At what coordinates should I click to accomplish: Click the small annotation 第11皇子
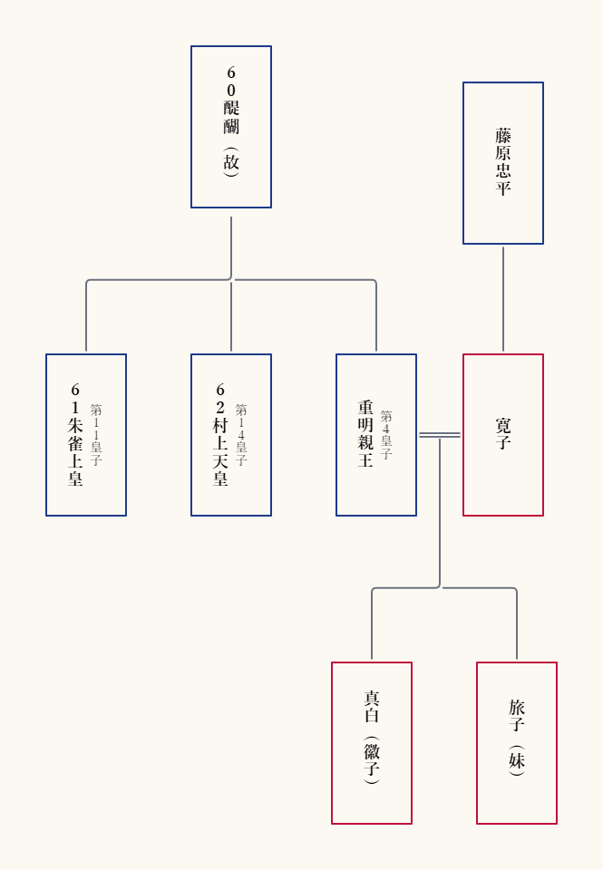point(96,435)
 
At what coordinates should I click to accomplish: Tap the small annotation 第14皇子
point(241,435)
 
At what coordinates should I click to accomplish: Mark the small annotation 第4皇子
point(386,435)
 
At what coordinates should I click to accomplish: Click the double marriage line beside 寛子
point(440,435)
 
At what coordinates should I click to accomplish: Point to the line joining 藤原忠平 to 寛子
point(503,299)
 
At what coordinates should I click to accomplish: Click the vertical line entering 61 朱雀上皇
point(86,316)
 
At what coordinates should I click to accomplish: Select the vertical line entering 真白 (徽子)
point(372,624)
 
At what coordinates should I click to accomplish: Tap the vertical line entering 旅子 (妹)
point(516,624)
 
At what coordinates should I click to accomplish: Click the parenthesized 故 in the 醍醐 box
point(231,162)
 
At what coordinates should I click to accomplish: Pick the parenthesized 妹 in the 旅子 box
point(516,760)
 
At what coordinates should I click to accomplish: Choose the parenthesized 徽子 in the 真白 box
point(372,760)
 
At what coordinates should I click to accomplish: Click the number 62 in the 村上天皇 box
point(220,399)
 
